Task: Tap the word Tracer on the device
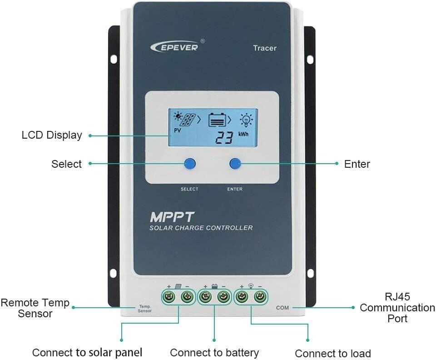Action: (x=265, y=48)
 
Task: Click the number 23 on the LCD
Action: (x=224, y=137)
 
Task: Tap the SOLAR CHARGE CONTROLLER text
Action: (x=201, y=228)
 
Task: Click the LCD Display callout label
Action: (x=52, y=135)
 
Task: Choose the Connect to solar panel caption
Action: (x=87, y=352)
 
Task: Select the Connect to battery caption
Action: (x=214, y=353)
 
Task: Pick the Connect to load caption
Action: (x=333, y=354)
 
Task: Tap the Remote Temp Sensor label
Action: (x=35, y=308)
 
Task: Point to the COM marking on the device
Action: (x=282, y=308)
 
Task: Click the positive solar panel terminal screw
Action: (x=169, y=297)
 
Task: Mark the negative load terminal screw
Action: (x=259, y=297)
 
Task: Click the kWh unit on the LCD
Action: (x=245, y=135)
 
